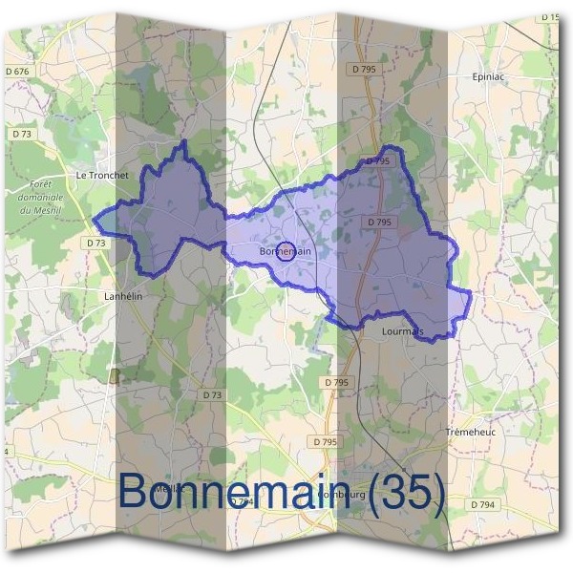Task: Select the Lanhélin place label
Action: tap(122, 296)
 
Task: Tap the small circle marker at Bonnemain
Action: tap(284, 251)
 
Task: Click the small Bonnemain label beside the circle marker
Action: tap(286, 251)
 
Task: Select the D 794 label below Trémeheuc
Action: tap(483, 503)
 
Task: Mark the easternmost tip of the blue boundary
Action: tap(471, 291)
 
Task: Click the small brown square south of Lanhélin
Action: tap(116, 375)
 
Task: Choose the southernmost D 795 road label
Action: tap(326, 441)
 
